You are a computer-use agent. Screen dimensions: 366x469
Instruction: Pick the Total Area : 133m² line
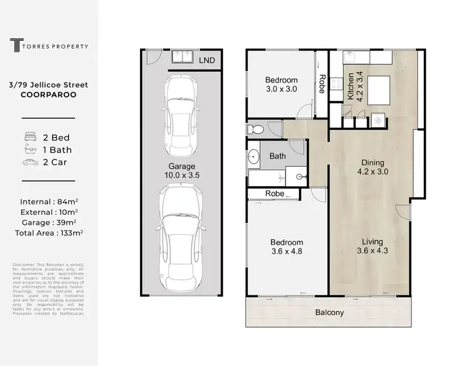[48, 232]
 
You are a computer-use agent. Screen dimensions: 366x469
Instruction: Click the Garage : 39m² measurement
[48, 222]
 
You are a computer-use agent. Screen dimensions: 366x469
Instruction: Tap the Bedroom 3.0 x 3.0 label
[281, 85]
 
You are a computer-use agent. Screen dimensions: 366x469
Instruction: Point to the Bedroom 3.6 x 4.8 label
[286, 247]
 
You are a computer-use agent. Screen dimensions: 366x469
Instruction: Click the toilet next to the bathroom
[255, 129]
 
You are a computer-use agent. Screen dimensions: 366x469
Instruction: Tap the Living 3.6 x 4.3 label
[371, 245]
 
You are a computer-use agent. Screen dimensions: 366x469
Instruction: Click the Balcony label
[328, 313]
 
